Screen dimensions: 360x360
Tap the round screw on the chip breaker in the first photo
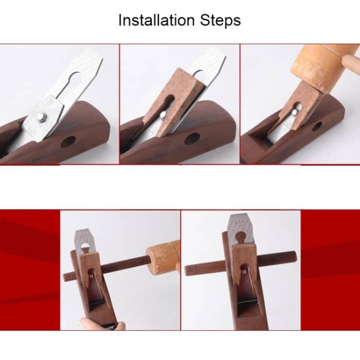tap(42, 118)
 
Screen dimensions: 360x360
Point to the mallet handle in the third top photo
tap(352, 64)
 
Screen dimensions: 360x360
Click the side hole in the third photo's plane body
tap(317, 126)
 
